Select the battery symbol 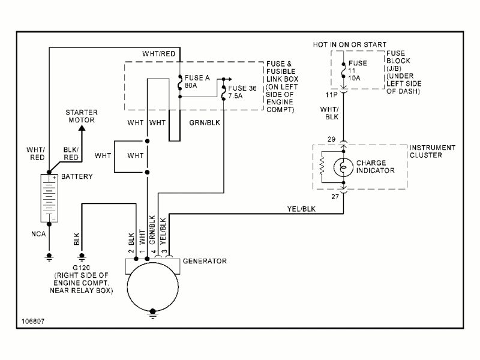(49, 198)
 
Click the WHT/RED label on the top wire (159, 54)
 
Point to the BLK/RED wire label (71, 153)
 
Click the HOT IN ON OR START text (350, 45)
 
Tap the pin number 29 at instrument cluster (331, 140)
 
